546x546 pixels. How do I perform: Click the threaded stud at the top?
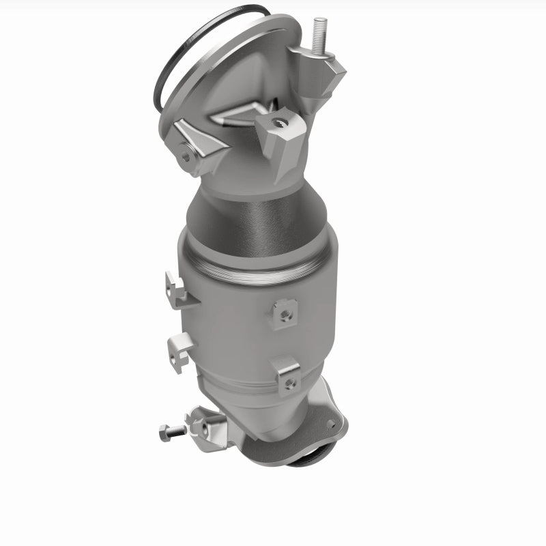click(319, 33)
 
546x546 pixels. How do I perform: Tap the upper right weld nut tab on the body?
click(284, 312)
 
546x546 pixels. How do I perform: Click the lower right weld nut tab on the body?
click(287, 375)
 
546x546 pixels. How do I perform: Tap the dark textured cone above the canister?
click(253, 218)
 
